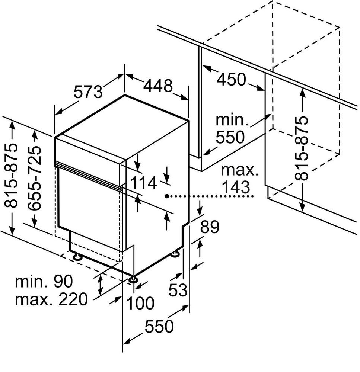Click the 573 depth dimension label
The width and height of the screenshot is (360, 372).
click(x=88, y=92)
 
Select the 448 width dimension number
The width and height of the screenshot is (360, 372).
click(x=158, y=86)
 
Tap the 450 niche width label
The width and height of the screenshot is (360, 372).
click(x=232, y=79)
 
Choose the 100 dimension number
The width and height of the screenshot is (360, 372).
click(x=140, y=303)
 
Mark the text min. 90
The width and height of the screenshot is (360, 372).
click(x=44, y=281)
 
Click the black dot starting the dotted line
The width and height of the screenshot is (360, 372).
click(x=167, y=196)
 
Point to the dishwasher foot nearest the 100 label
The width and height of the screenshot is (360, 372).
click(x=133, y=279)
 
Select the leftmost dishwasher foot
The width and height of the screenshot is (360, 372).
click(x=78, y=256)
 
